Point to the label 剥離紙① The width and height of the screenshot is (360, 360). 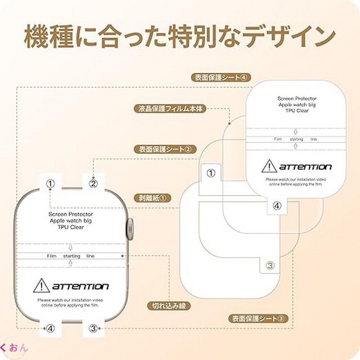[153, 197]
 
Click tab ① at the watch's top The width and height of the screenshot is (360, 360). [51, 183]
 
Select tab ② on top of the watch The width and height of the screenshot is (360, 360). [93, 183]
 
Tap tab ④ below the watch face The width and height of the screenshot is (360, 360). [51, 328]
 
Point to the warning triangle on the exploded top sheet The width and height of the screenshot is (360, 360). [269, 167]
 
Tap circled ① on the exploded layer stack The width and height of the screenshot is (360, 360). [210, 172]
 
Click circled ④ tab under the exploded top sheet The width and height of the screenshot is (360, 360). [277, 205]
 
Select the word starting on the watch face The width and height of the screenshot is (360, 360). [72, 256]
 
